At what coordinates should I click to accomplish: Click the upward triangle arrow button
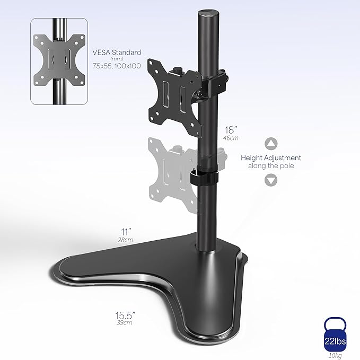(x=271, y=144)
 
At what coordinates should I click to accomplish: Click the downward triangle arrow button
(x=271, y=180)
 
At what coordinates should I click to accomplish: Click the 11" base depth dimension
(x=125, y=231)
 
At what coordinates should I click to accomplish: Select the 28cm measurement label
(x=125, y=240)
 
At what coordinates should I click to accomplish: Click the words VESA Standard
(x=117, y=52)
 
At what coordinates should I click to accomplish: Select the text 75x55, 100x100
(x=117, y=67)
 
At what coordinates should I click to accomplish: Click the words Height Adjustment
(x=271, y=157)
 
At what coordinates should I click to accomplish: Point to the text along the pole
(x=271, y=166)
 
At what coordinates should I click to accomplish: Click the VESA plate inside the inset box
(x=60, y=60)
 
